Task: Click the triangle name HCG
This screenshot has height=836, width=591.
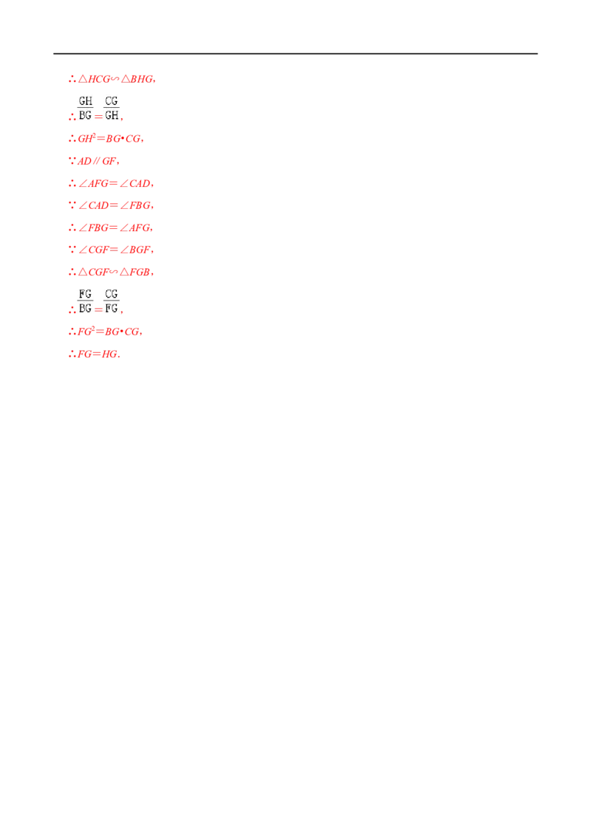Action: pos(99,79)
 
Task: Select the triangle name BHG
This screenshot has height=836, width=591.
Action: pos(141,79)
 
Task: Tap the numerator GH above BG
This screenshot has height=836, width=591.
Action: pos(86,100)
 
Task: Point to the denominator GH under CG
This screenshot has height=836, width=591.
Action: pos(112,115)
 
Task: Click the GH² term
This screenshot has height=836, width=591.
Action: pos(86,138)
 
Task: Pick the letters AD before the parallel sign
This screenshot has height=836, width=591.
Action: pos(84,161)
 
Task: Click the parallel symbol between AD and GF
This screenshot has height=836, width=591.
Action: pos(96,161)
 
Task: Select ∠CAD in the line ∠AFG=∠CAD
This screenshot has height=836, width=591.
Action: pos(135,183)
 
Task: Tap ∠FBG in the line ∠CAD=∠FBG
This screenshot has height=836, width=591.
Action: pos(135,205)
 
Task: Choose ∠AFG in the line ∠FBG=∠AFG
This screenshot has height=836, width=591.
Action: pos(135,227)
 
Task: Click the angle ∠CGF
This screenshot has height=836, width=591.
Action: pos(93,250)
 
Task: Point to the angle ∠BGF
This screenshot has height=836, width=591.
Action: pos(135,250)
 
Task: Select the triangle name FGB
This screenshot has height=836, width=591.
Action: pos(139,272)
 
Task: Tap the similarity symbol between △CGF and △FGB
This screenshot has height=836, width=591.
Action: pos(114,272)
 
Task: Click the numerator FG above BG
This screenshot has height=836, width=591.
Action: pos(86,294)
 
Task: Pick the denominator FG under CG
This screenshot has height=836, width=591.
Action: pos(112,308)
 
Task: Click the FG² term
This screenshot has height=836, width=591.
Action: pos(86,332)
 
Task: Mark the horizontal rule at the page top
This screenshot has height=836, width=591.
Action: pos(295,53)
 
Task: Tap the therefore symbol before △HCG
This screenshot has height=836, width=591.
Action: pos(72,80)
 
